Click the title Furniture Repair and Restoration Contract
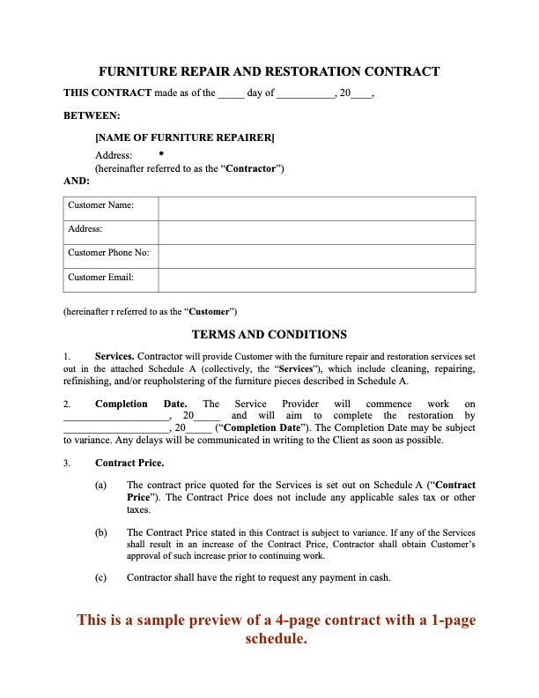(x=269, y=71)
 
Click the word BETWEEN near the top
(x=92, y=115)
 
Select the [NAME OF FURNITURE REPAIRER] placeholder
(x=184, y=137)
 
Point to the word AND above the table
(x=78, y=181)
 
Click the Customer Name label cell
(x=100, y=205)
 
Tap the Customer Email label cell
(x=100, y=278)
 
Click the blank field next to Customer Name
(x=317, y=208)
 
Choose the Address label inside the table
(x=85, y=229)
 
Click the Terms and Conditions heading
(x=269, y=334)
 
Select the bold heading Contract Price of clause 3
(x=129, y=462)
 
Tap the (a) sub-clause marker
(x=101, y=485)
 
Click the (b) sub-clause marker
(x=101, y=532)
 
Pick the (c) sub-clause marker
(x=101, y=577)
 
